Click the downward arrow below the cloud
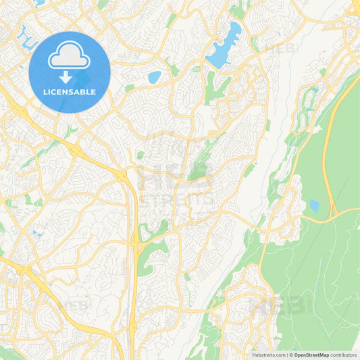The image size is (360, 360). (65, 77)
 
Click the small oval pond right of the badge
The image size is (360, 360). (155, 77)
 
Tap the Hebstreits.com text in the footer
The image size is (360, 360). (267, 354)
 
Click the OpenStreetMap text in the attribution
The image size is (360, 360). (311, 354)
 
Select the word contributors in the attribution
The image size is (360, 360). (344, 354)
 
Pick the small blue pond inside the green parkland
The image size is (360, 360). (313, 205)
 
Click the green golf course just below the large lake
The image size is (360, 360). (215, 84)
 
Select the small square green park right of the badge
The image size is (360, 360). (129, 88)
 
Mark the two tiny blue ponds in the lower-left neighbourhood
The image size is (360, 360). (34, 234)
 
